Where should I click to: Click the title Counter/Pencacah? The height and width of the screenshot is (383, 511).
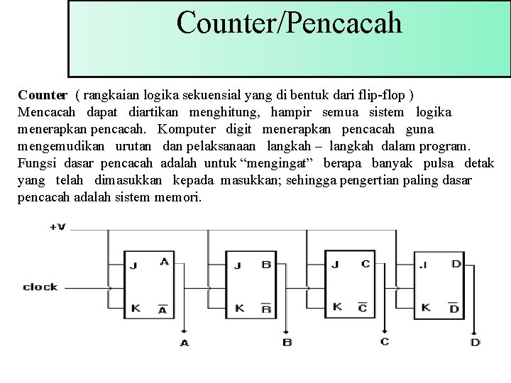coord(289,22)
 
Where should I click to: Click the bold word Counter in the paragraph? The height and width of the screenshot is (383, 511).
coord(43,94)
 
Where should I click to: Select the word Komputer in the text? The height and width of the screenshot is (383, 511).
coord(187,129)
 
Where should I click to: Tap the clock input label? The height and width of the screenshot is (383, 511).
coord(40,287)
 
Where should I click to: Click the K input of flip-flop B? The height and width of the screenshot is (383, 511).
coord(239,308)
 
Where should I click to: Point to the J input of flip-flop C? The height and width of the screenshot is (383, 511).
coord(335,265)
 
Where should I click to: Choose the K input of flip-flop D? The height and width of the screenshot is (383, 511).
coord(426,307)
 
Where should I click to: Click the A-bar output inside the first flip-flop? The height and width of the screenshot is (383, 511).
coord(163,309)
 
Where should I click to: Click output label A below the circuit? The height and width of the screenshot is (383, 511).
coord(185,343)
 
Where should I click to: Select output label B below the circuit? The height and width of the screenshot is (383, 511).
coord(287,343)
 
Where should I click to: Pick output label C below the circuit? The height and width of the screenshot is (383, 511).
coord(384,342)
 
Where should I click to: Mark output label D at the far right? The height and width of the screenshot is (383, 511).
coord(475,343)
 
